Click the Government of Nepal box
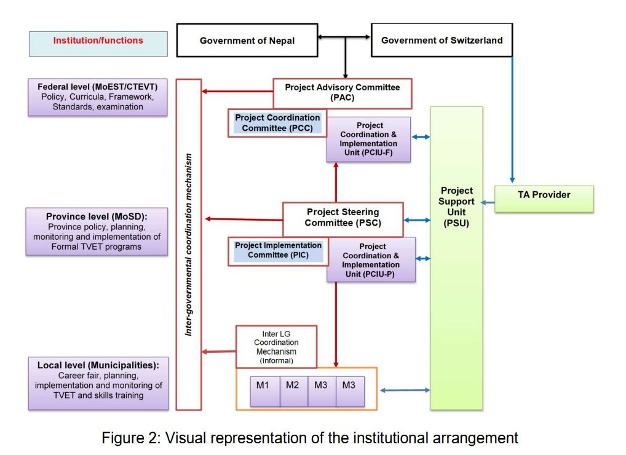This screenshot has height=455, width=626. pyautogui.click(x=247, y=41)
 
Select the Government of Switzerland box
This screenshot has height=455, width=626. pyautogui.click(x=442, y=40)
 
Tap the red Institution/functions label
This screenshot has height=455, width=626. pyautogui.click(x=98, y=41)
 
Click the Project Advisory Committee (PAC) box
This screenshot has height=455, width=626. pyautogui.click(x=342, y=92)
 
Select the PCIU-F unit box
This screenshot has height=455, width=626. pyautogui.click(x=369, y=140)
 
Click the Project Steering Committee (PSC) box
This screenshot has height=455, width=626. pyautogui.click(x=343, y=218)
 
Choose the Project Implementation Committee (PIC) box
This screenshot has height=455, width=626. pyautogui.click(x=278, y=250)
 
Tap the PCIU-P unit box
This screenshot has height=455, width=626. pyautogui.click(x=371, y=259)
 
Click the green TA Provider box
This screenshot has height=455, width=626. pyautogui.click(x=544, y=196)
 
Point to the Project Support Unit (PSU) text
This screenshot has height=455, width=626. pyautogui.click(x=456, y=207)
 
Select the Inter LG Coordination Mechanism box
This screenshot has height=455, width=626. pyautogui.click(x=276, y=347)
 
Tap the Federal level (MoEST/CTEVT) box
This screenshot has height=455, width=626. pyautogui.click(x=98, y=97)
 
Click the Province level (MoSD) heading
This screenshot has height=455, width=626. pyautogui.click(x=97, y=217)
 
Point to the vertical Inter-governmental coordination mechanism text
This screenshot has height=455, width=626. pyautogui.click(x=189, y=245)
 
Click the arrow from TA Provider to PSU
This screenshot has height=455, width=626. pyautogui.click(x=487, y=202)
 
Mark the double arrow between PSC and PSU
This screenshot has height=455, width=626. pyautogui.click(x=418, y=220)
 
